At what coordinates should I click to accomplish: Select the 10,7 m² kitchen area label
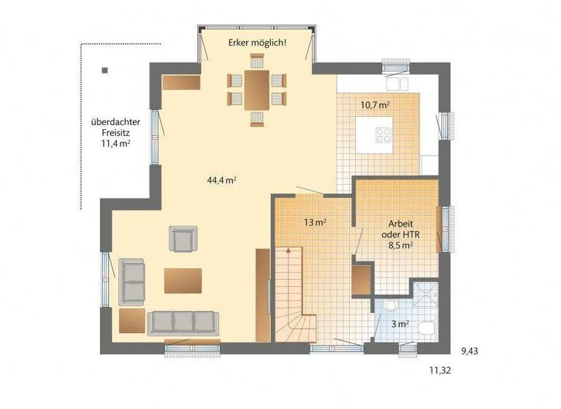[x=375, y=104]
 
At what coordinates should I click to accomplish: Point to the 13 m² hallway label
[x=314, y=221]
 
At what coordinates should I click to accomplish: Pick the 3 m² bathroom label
[x=400, y=324]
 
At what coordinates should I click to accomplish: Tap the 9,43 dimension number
[x=470, y=351]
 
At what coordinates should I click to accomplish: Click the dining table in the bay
[x=256, y=88]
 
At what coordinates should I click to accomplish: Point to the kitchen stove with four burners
[x=383, y=134]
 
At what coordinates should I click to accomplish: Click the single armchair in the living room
[x=183, y=238]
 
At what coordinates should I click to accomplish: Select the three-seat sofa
[x=183, y=322]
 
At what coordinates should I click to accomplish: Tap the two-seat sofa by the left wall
[x=132, y=280]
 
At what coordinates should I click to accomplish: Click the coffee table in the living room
[x=183, y=280]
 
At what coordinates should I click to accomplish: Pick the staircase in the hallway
[x=292, y=292]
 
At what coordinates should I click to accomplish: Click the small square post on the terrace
[x=105, y=71]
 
